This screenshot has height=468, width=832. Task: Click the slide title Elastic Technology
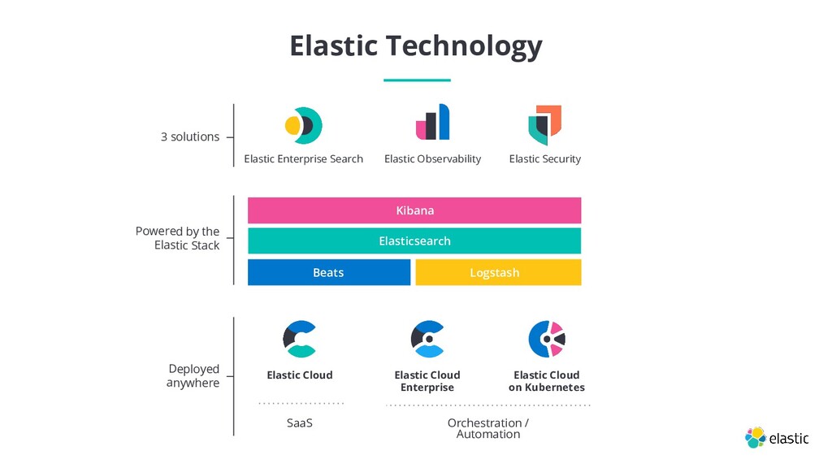click(x=415, y=45)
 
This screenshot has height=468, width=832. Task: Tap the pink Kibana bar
click(x=414, y=210)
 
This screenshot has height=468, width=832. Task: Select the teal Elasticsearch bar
click(x=414, y=241)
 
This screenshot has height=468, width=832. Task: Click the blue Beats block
click(x=328, y=272)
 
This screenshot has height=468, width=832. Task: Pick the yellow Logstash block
click(x=497, y=272)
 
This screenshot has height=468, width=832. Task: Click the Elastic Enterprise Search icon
click(x=303, y=125)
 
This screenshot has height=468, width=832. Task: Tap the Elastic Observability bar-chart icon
click(x=432, y=123)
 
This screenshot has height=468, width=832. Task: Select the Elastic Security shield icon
click(x=544, y=124)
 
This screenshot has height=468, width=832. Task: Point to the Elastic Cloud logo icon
click(x=299, y=339)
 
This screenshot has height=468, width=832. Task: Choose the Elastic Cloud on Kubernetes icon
click(x=546, y=339)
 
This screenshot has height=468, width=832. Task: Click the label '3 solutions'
click(x=190, y=136)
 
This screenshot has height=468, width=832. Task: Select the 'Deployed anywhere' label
click(x=193, y=376)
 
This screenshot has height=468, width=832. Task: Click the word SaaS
click(x=300, y=423)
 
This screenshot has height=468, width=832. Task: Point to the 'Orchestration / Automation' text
click(x=487, y=428)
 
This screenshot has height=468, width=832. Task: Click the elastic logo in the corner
click(x=777, y=437)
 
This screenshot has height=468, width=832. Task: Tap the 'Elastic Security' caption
click(x=544, y=159)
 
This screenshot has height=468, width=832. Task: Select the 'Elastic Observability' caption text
click(x=432, y=159)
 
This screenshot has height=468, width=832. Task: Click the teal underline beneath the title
click(x=416, y=80)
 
